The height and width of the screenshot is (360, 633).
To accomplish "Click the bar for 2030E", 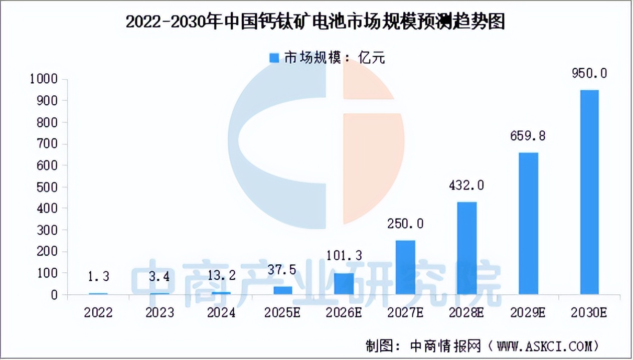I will pos(589,192).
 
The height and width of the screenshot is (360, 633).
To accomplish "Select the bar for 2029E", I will pos(528,224).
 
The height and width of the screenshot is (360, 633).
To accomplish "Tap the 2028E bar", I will pos(466,248).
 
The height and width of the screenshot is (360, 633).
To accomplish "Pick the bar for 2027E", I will pos(405,268).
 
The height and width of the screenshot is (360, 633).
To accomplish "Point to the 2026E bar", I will pos(344,284).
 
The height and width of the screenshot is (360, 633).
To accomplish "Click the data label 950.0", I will pos(589,73).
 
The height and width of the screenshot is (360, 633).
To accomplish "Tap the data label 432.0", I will pos(466,186).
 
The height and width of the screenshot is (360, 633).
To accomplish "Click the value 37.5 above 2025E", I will pos(282,270).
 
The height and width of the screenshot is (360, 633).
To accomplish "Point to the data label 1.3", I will pos(98,276).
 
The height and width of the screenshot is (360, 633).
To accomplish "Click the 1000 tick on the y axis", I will pos(44,79).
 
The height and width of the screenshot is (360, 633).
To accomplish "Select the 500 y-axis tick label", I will pos(48,187).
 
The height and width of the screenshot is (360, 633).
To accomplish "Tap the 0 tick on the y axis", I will pos(55,295).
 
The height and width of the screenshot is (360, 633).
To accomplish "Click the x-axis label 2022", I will pos(98,313).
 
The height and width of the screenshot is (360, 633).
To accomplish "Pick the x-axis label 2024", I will pos(221,313).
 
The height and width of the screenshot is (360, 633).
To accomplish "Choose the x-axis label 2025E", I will pos(282,313).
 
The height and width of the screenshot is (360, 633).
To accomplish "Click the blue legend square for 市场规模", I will pos(274,58).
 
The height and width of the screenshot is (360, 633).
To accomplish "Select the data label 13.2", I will pos(221,276).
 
